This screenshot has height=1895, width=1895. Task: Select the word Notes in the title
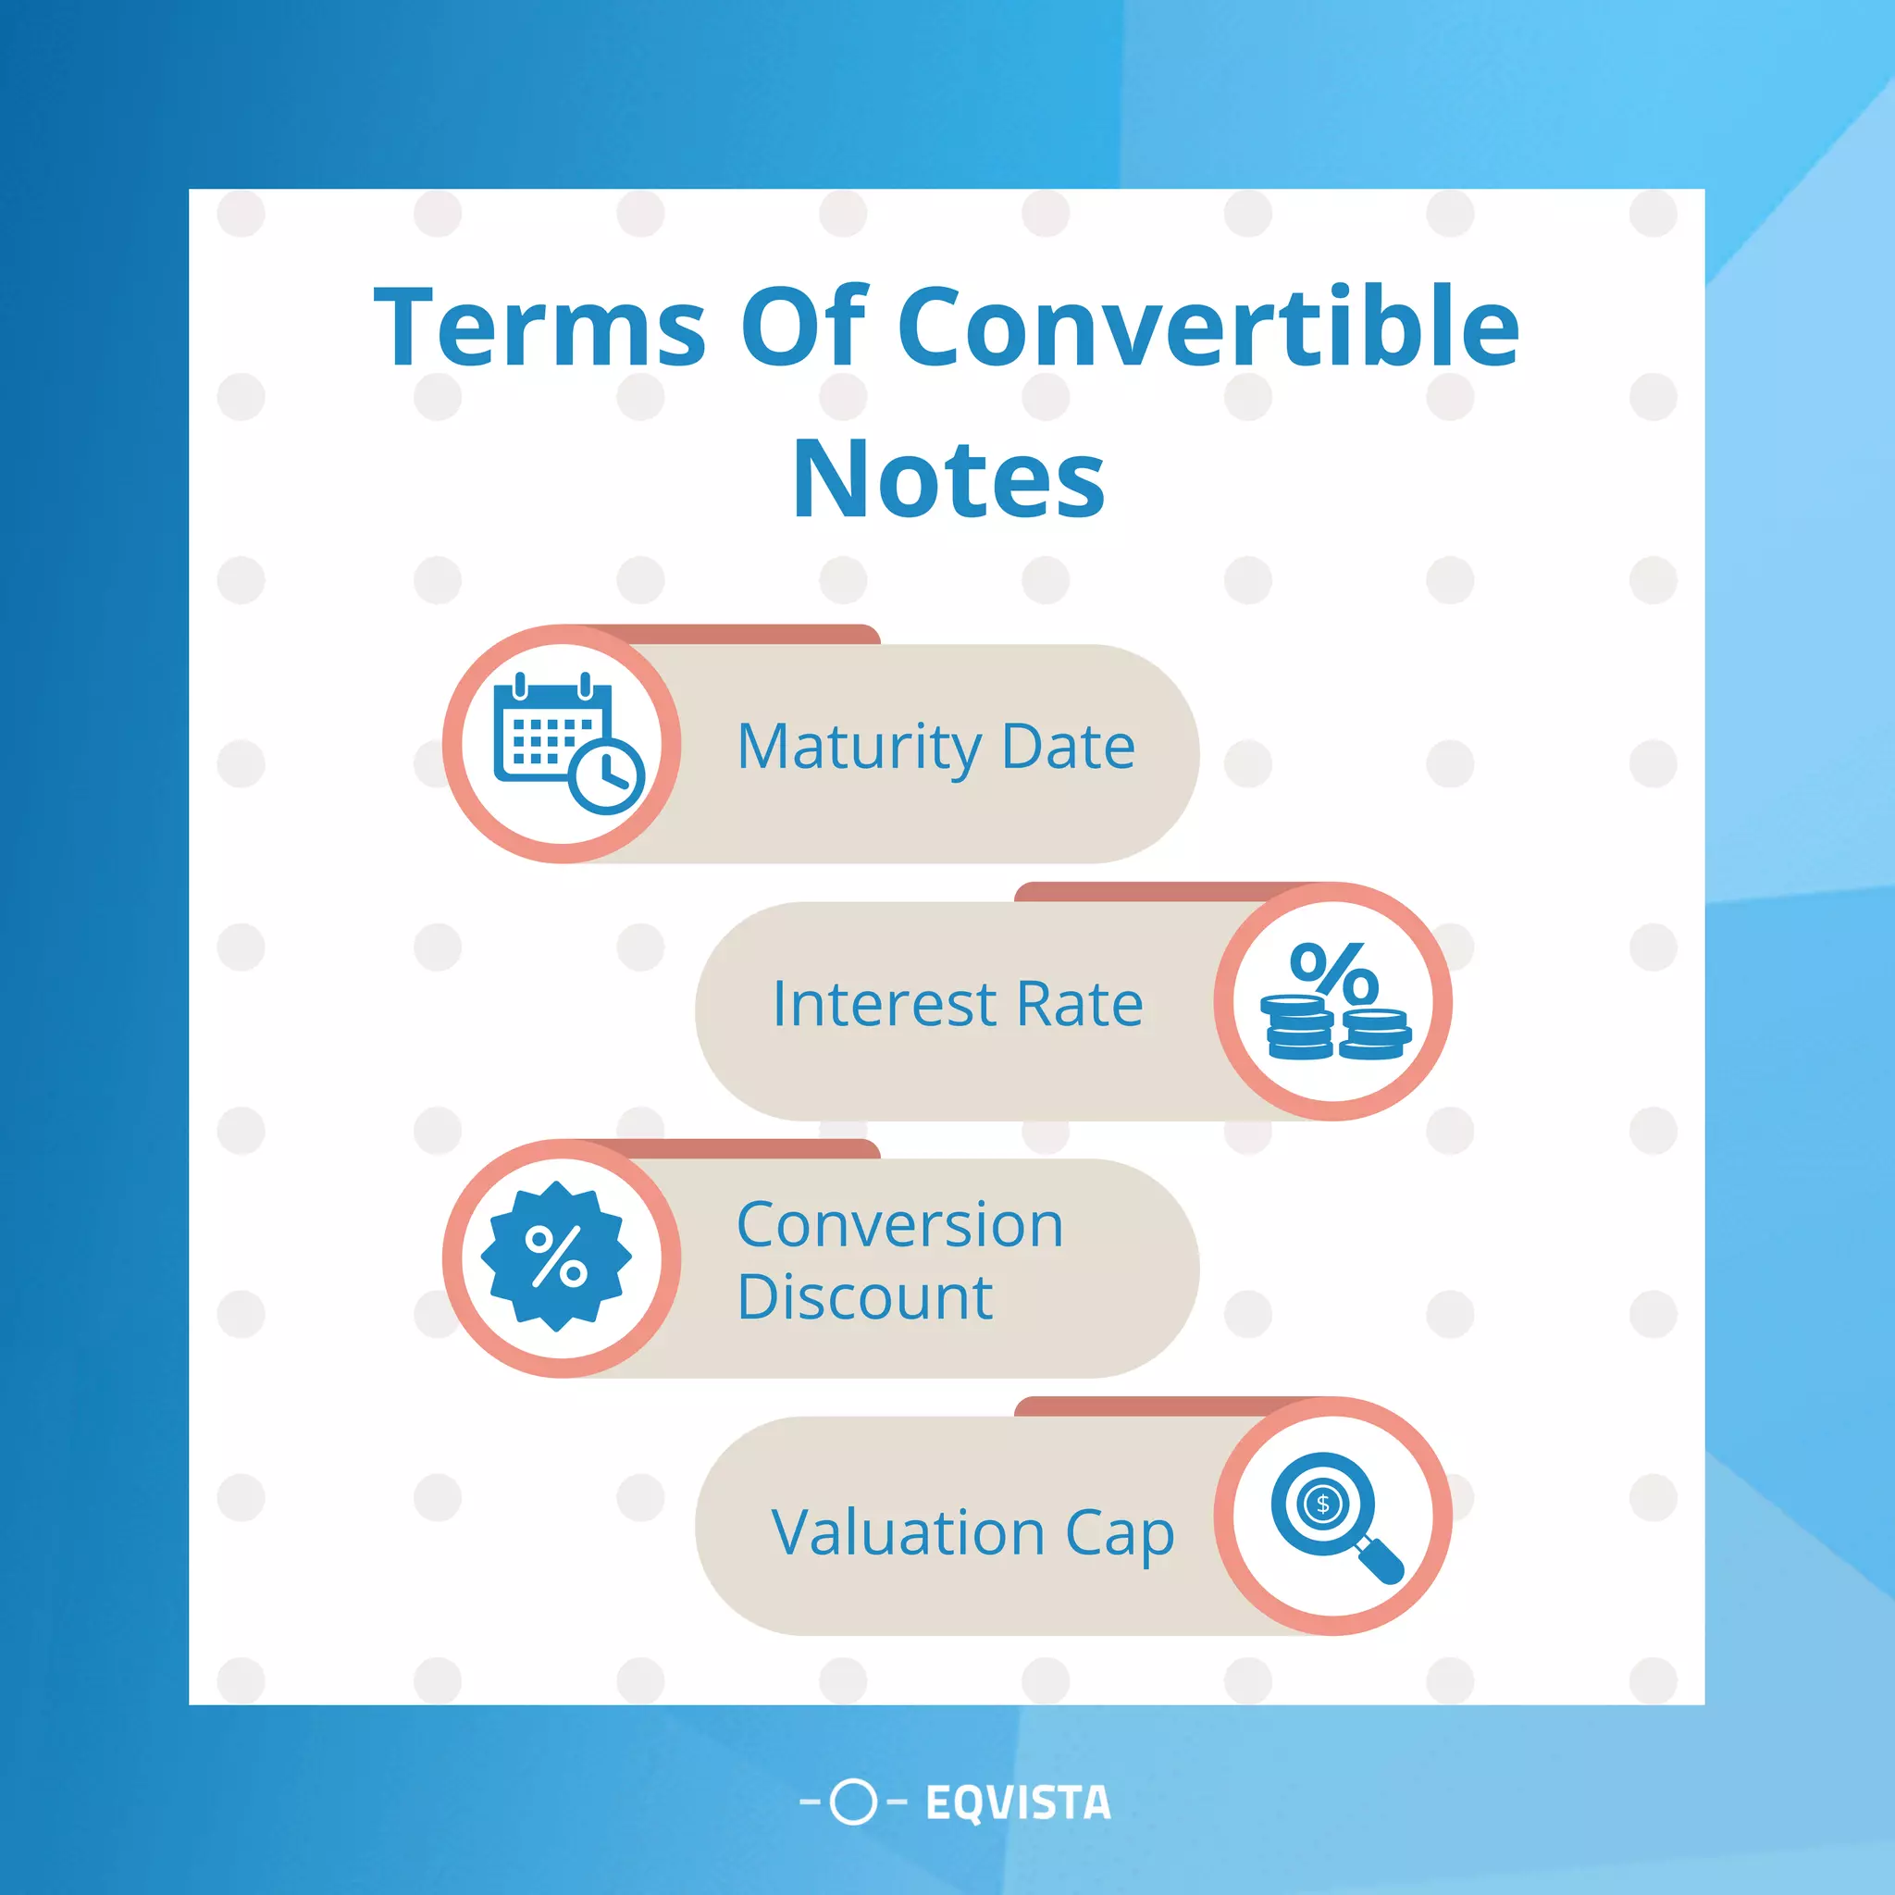948,479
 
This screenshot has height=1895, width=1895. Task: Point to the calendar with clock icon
564,742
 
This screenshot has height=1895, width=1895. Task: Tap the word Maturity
859,748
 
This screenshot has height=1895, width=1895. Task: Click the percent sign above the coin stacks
1333,973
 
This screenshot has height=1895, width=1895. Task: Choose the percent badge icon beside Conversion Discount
556,1257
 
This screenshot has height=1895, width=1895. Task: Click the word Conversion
899,1225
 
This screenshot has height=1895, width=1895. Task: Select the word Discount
864,1297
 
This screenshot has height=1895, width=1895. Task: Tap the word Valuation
909,1532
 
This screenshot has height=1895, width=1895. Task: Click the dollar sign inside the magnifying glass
1323,1504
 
